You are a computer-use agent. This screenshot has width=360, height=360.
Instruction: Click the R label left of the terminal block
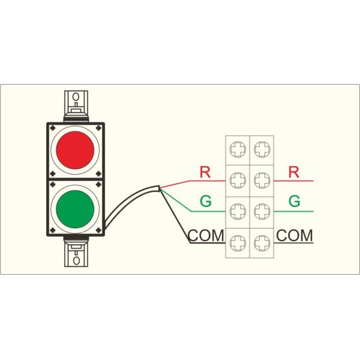205,172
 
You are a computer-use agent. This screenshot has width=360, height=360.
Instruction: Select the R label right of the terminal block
293,172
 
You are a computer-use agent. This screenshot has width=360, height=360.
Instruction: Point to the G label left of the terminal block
205,202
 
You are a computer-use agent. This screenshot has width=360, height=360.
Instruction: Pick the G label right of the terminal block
293,202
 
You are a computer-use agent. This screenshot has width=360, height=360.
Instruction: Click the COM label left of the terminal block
206,235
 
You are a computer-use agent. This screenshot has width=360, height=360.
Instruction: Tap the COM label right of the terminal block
295,235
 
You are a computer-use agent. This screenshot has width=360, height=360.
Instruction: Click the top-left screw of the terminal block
238,148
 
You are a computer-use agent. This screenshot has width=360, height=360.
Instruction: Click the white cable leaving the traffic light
129,204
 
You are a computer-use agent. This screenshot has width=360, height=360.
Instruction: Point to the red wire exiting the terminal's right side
294,180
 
